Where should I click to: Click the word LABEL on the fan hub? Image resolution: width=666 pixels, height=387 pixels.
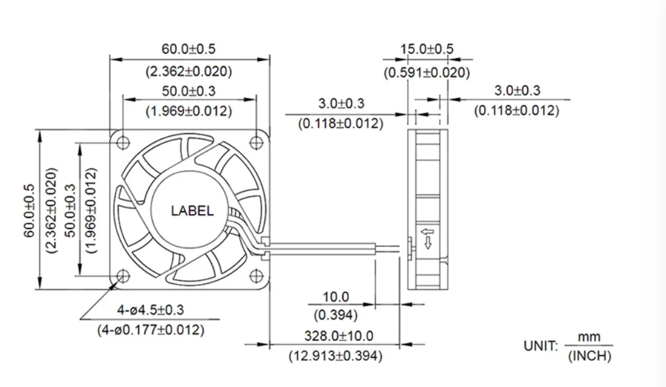click(192, 211)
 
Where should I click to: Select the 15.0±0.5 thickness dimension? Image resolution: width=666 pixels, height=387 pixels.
click(427, 49)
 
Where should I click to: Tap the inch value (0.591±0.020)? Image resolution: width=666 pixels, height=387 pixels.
click(427, 72)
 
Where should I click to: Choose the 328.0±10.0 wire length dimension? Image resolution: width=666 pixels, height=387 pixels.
click(338, 336)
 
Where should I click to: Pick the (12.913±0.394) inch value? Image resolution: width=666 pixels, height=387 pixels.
click(335, 356)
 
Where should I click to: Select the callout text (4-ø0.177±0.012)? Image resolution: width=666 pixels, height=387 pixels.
click(150, 330)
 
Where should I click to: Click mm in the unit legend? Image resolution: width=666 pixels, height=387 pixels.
click(589, 337)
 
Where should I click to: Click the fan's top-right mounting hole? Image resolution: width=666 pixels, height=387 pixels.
click(255, 142)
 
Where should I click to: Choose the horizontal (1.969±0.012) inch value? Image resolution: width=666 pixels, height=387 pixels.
click(189, 112)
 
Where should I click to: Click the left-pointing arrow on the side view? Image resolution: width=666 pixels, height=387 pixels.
click(428, 233)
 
